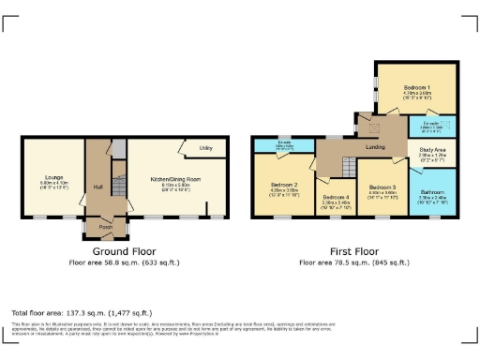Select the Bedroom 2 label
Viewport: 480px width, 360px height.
tap(283, 186)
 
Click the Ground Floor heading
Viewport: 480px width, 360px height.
tap(124, 251)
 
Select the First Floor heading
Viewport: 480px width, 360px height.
tap(354, 251)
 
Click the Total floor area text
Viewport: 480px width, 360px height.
tap(70, 311)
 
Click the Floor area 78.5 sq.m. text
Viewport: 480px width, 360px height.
tap(354, 262)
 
